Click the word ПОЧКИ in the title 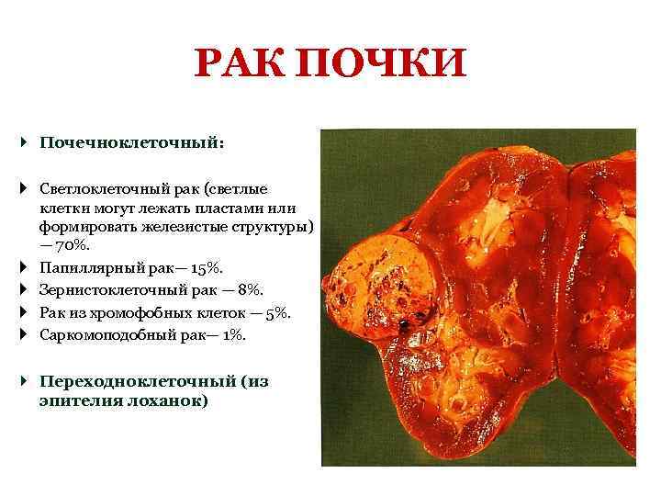point(386,67)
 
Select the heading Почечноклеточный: point(132,143)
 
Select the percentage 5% point(276,313)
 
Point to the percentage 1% point(233,335)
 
